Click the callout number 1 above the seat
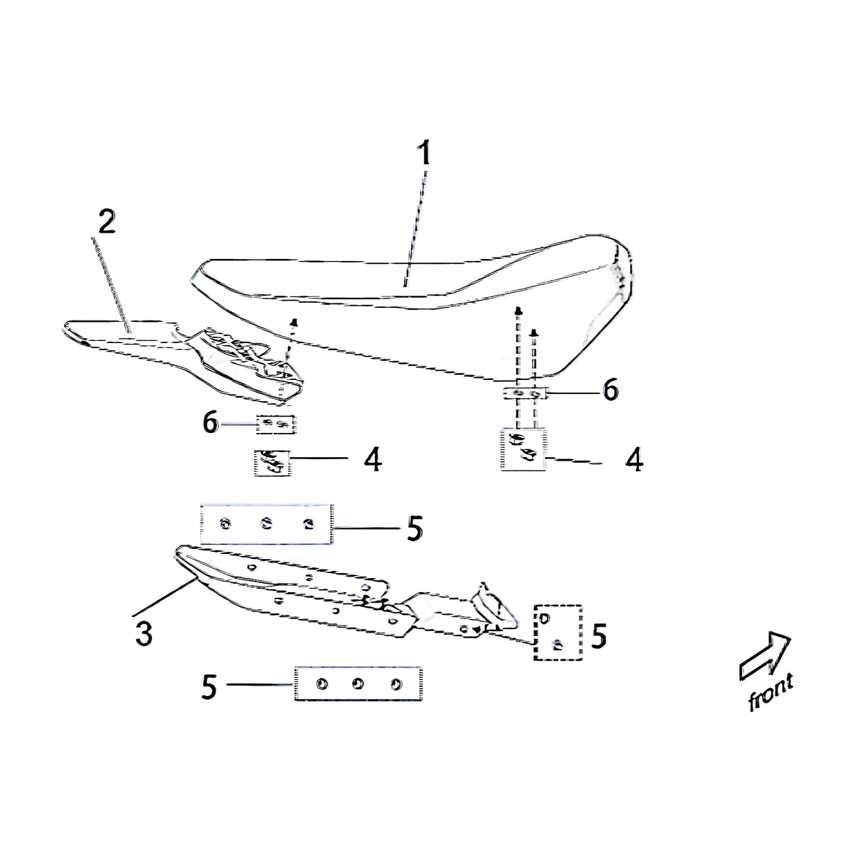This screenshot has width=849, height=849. tap(424, 154)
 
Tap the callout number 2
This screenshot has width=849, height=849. tap(107, 221)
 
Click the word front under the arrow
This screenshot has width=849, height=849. tap(771, 696)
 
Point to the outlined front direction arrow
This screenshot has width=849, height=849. tap(764, 658)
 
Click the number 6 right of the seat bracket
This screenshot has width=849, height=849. tap(611, 390)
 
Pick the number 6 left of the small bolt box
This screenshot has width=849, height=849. tap(211, 423)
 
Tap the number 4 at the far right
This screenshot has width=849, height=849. tap(634, 461)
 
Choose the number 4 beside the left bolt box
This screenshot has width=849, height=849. tap(373, 460)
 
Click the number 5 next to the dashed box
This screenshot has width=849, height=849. tap(599, 637)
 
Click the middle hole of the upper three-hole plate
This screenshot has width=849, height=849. tap(266, 523)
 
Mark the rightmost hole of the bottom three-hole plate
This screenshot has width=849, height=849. tap(396, 683)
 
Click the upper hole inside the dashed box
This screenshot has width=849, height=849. tap(545, 619)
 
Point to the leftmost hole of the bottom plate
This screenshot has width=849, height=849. tap(322, 684)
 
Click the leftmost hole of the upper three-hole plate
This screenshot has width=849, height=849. tap(225, 524)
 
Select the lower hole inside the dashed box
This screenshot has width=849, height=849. tap(558, 645)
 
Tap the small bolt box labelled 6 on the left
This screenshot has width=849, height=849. tap(276, 424)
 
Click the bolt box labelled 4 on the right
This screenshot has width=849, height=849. tap(524, 449)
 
